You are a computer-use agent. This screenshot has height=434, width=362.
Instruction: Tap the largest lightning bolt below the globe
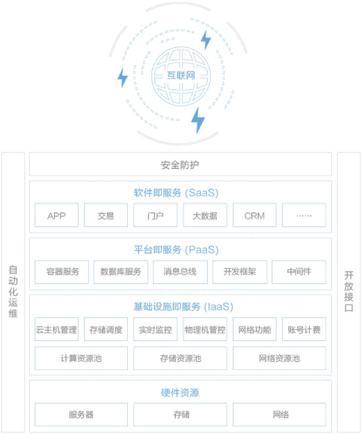[x=198, y=120]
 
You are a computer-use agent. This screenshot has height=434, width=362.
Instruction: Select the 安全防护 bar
[x=180, y=165]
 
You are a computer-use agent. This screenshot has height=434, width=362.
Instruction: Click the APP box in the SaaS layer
[x=56, y=215]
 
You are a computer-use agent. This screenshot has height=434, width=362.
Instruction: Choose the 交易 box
[x=106, y=215]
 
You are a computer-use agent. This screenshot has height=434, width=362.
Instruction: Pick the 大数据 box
[x=205, y=215]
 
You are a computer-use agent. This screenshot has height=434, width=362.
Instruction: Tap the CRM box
[x=254, y=215]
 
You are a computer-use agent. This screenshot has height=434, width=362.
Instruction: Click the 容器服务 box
[x=62, y=272]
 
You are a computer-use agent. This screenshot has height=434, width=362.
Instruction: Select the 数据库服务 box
[x=121, y=272]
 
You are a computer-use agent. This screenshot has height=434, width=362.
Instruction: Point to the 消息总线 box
[x=180, y=272]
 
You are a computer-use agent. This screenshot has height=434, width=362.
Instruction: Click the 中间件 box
[x=299, y=272]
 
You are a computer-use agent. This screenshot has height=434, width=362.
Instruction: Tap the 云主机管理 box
[x=56, y=330]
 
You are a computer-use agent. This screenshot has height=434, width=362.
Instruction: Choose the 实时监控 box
[x=156, y=330]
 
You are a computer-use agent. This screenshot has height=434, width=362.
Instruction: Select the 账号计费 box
[x=304, y=330]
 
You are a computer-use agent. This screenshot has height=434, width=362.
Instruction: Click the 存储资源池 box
[x=180, y=358]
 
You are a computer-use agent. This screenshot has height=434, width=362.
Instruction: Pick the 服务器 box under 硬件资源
[x=81, y=414]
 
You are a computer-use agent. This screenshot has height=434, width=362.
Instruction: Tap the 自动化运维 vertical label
[x=13, y=291]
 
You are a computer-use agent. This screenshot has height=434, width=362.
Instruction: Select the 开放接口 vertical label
[x=349, y=291]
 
